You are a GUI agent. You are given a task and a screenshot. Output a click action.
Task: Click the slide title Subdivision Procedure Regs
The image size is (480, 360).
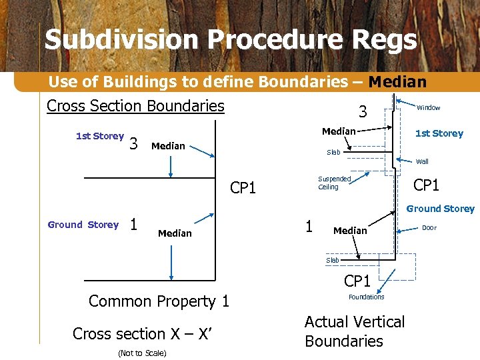click(231, 40)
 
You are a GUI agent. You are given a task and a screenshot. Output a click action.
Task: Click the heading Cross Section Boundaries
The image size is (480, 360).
click(135, 106)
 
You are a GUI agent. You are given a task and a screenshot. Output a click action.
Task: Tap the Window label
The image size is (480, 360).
click(428, 108)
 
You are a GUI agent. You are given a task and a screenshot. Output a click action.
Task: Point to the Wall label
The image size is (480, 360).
click(422, 161)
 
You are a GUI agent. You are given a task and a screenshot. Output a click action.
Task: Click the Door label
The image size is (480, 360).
click(429, 228)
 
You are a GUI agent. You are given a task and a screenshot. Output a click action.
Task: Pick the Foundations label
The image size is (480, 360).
click(366, 297)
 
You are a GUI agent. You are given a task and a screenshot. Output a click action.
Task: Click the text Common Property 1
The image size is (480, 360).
click(159, 301)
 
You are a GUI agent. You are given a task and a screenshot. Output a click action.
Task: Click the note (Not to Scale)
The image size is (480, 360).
click(141, 353)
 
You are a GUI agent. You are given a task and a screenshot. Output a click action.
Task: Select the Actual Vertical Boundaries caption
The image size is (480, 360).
click(354, 331)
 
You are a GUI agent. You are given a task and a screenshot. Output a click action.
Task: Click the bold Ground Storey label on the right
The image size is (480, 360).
click(440, 209)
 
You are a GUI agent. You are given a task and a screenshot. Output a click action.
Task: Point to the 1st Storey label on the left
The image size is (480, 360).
click(99, 136)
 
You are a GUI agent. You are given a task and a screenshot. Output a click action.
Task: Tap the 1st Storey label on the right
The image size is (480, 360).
click(439, 133)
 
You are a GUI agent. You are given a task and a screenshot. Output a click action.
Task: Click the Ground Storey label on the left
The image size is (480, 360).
click(83, 225)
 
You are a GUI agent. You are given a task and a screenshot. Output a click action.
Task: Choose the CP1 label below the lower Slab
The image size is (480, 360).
click(357, 281)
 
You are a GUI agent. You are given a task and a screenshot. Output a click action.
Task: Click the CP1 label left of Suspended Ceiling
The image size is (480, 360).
click(243, 188)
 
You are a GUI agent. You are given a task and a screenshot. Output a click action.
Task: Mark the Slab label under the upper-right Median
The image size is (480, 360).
click(333, 152)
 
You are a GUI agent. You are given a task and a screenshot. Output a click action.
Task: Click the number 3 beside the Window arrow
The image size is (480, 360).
click(363, 111)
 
